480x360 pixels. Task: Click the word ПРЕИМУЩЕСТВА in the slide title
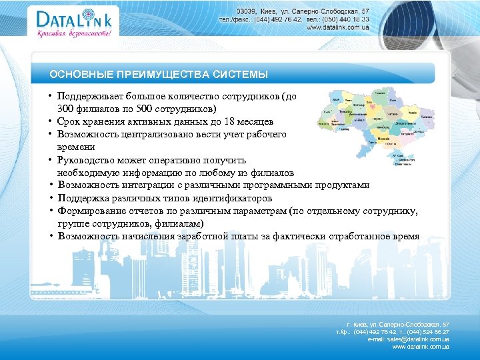[x=158, y=73]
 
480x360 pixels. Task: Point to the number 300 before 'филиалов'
[x=65, y=109]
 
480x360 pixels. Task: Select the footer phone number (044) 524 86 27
[x=427, y=331]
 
